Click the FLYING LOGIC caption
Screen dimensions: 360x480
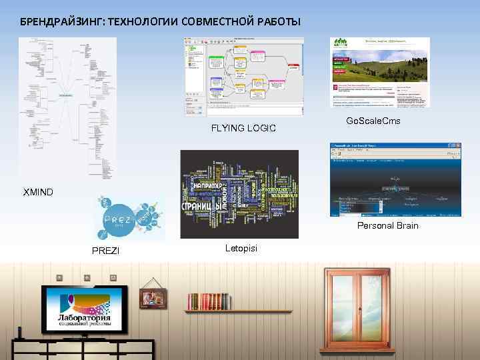pos(243,127)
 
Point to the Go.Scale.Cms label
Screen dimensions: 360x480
pos(374,121)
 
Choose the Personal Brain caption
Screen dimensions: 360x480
pos(388,225)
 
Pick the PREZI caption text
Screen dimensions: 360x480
pos(105,250)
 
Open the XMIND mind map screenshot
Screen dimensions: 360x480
pos(67,107)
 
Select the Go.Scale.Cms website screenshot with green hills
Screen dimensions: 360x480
pos(380,72)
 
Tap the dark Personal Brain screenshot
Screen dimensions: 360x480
pos(395,179)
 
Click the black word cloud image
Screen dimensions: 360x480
pos(239,193)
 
